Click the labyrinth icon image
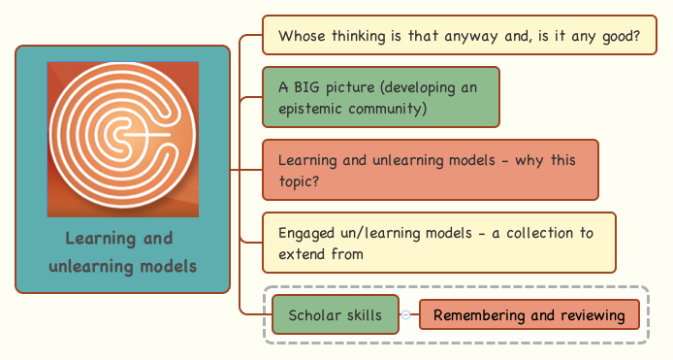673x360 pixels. point(123,138)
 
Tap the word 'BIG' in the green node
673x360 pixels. point(309,87)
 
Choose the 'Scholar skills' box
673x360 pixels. point(336,315)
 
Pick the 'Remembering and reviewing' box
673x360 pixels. point(529,315)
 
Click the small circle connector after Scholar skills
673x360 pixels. point(406,315)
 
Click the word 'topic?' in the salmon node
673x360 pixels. point(299,181)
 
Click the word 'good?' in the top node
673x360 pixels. point(618,37)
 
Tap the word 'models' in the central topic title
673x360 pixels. point(166,266)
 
